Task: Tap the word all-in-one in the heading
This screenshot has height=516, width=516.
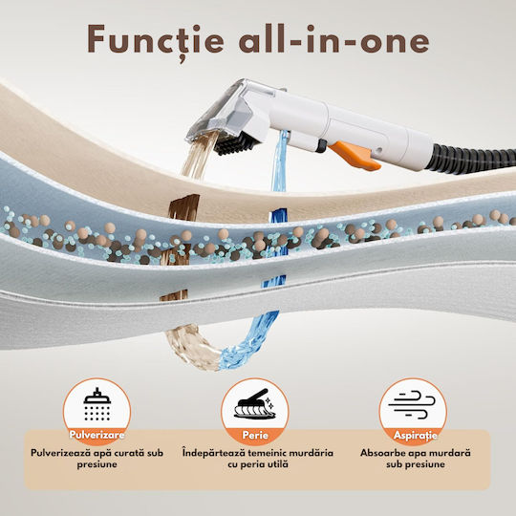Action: pyautogui.click(x=334, y=39)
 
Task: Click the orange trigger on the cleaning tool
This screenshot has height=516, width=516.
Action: pyautogui.click(x=355, y=156)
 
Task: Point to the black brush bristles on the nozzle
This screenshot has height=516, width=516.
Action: pyautogui.click(x=237, y=143)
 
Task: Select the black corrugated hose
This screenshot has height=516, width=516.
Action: pyautogui.click(x=471, y=159)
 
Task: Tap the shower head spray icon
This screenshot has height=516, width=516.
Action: pyautogui.click(x=97, y=404)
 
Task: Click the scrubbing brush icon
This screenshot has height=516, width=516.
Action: pyautogui.click(x=255, y=404)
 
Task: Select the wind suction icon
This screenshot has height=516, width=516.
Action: pyautogui.click(x=412, y=404)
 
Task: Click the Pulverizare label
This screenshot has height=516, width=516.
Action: pyautogui.click(x=97, y=435)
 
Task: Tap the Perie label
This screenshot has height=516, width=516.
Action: pyautogui.click(x=255, y=435)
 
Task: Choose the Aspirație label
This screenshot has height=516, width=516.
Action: pyautogui.click(x=416, y=436)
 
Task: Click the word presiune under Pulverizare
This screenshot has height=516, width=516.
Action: pyautogui.click(x=97, y=464)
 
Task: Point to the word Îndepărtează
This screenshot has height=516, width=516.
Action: pyautogui.click(x=214, y=453)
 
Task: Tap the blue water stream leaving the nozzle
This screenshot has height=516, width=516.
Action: pyautogui.click(x=280, y=161)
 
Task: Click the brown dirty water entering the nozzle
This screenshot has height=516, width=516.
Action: pyautogui.click(x=200, y=155)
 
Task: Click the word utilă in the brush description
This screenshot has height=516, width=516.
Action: pyautogui.click(x=278, y=464)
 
